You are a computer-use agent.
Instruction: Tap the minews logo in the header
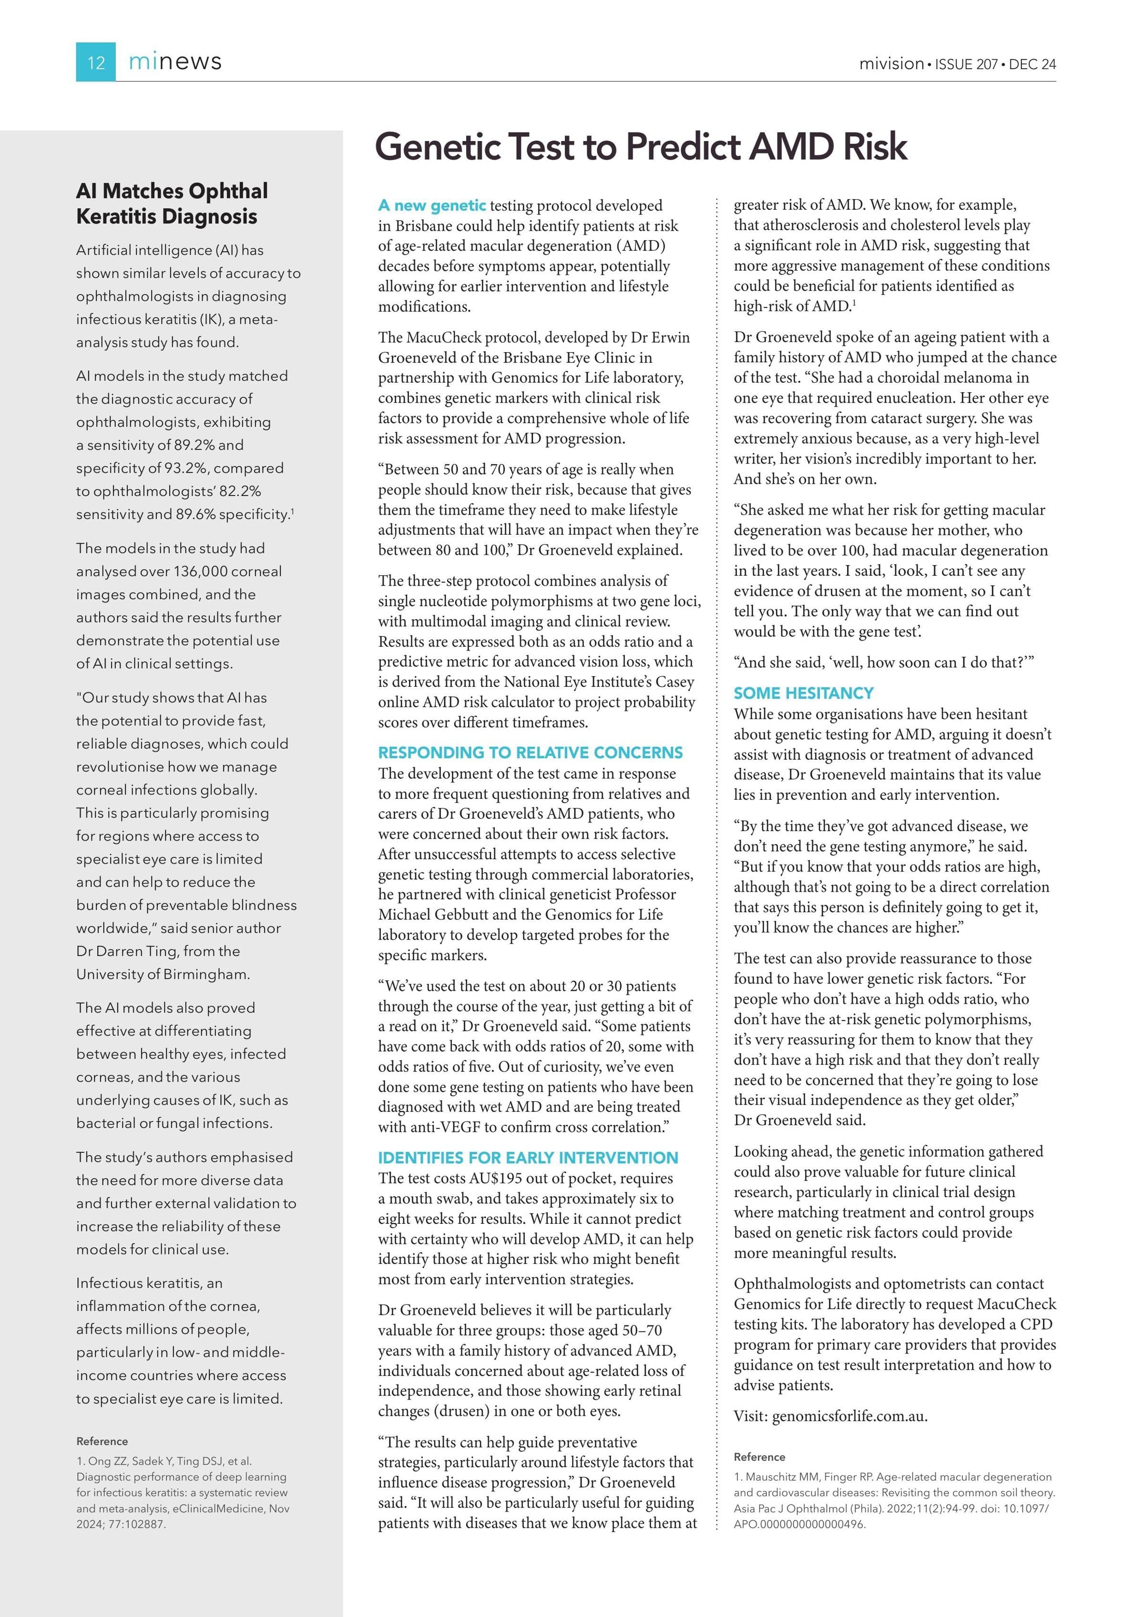(x=175, y=62)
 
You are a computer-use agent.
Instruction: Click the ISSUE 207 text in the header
(x=966, y=64)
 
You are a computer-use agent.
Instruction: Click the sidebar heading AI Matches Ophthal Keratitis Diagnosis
(x=172, y=203)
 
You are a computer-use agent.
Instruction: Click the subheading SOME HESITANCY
(x=803, y=693)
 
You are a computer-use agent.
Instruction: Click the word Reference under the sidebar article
(x=102, y=1441)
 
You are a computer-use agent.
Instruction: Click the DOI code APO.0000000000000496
(x=799, y=1524)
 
